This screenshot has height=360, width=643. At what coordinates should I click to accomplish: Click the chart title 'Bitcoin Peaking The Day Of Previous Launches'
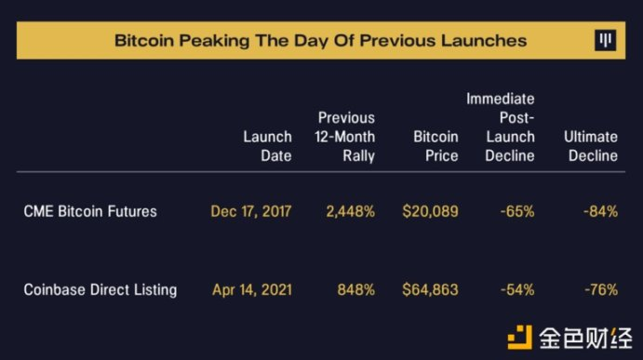coord(320,41)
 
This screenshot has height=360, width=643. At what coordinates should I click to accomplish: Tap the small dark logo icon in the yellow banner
coord(605,41)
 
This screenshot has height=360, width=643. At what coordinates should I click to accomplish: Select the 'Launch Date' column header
coord(267,146)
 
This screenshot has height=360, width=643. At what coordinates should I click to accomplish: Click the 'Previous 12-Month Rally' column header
coord(345,137)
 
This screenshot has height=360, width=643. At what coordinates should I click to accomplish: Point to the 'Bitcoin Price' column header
coord(435,146)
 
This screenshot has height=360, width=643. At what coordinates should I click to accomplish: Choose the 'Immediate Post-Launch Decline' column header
coord(501,127)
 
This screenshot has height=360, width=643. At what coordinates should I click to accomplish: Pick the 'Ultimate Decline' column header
coord(591,146)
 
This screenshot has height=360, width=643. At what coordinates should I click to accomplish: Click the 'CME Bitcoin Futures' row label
coord(90,211)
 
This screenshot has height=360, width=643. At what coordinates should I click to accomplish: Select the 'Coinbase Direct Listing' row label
coord(100,289)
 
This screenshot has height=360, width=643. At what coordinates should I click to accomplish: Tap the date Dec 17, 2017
coord(251,211)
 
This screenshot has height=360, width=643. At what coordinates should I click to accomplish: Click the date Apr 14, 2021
coord(252,290)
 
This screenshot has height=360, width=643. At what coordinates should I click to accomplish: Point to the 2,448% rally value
coord(350,211)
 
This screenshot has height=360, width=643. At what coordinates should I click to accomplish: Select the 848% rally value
coord(356,290)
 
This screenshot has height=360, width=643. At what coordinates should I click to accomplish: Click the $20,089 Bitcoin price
coord(430,211)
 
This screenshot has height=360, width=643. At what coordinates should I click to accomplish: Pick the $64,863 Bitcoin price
coord(430,290)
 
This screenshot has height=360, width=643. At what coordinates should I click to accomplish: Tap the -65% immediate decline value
coord(517,211)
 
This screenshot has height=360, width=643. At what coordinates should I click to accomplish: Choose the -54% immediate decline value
coord(517,290)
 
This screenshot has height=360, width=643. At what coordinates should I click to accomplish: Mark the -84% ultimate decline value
coord(601,211)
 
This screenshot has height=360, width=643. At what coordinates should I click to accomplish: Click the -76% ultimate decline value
coord(601,290)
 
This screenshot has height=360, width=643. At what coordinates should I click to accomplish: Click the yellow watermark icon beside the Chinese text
coord(520,337)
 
